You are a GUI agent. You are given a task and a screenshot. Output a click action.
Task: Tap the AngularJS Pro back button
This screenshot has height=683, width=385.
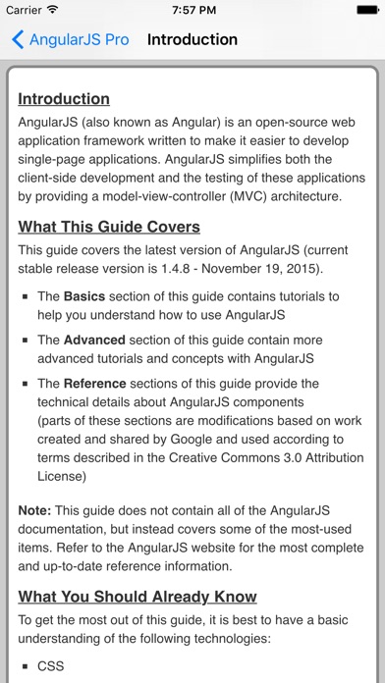70,40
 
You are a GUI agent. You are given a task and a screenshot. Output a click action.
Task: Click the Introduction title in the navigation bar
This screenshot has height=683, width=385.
192,40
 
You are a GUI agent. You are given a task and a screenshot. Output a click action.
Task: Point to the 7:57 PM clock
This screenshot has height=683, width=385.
192,10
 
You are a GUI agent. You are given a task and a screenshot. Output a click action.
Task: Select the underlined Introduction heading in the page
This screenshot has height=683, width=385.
64,99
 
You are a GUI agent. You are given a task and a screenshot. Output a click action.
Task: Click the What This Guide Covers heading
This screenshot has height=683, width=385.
109,227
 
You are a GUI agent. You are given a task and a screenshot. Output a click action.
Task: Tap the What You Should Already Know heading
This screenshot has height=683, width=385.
137,597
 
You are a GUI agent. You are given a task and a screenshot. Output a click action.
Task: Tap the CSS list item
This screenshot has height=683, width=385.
51,665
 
